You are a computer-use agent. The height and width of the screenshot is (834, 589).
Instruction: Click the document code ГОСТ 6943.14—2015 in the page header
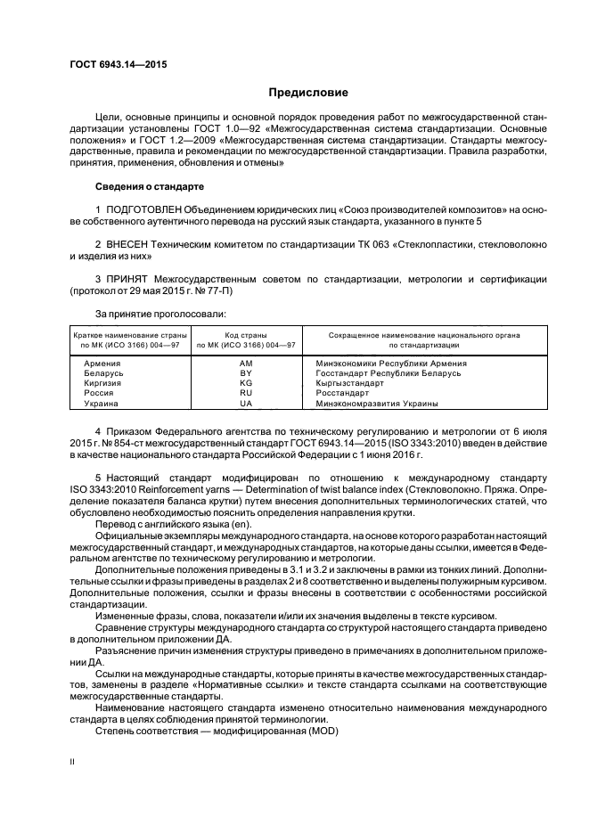(119, 65)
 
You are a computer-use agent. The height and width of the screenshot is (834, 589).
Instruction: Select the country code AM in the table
(246, 364)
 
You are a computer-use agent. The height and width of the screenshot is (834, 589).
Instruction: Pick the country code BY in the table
(246, 373)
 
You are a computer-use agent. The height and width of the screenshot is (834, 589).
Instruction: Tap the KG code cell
(246, 383)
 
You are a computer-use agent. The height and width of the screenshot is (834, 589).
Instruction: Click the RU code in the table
(246, 393)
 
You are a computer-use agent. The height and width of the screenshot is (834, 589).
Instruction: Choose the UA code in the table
(246, 403)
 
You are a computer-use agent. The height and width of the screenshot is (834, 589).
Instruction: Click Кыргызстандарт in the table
(350, 383)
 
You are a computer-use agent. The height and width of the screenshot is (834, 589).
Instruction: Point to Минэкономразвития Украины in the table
(376, 403)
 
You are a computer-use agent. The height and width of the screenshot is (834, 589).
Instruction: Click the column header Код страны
(246, 335)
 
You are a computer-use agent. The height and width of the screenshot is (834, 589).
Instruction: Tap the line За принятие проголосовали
(157, 314)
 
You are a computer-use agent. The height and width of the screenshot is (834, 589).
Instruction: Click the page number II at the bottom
(73, 762)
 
